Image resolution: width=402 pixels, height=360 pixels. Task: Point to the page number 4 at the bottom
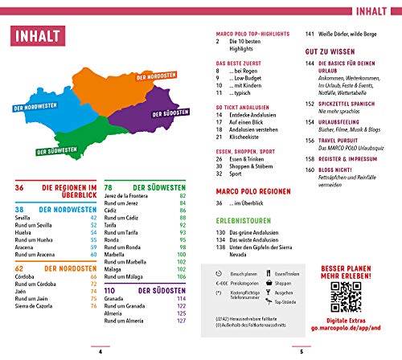click(100, 350)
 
